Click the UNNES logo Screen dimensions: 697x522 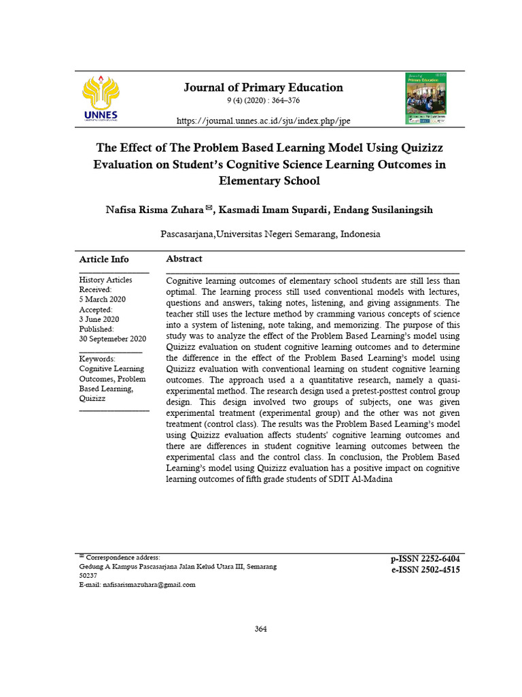tap(100, 99)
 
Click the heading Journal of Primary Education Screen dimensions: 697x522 tap(264, 87)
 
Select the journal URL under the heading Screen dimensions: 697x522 tap(264, 120)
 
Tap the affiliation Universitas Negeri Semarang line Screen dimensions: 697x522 tap(270, 233)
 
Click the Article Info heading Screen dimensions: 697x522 tap(104, 259)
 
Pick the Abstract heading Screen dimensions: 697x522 tap(184, 259)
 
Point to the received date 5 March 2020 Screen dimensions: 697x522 tap(102, 299)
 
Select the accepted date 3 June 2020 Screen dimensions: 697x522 tap(99, 319)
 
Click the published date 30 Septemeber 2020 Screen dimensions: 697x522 tap(113, 338)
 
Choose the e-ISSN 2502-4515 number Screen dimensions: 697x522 tap(425, 570)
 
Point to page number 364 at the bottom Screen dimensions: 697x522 tap(261, 629)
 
